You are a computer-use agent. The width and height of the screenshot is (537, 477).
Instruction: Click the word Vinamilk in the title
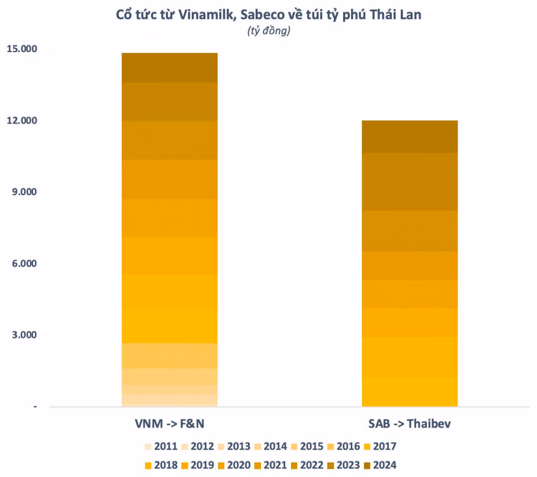pos(206,15)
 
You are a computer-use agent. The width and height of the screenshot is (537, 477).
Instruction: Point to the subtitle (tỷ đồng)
pos(268,31)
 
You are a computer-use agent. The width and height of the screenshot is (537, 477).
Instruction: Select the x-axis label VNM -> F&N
pos(170,424)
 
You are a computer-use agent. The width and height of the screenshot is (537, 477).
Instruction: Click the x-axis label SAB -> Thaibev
pos(410,424)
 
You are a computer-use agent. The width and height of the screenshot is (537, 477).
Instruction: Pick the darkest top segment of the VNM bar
pos(170,68)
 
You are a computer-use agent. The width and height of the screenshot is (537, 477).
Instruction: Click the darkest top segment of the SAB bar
pos(410,136)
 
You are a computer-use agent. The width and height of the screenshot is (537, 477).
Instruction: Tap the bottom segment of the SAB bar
pos(410,392)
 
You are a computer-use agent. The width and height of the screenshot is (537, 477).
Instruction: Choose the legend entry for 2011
pos(162,446)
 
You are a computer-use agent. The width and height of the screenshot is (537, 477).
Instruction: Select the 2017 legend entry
pos(379,446)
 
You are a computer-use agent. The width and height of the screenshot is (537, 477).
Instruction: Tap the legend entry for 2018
pos(162,465)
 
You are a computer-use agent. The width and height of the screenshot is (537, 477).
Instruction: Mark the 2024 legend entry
pos(379,465)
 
